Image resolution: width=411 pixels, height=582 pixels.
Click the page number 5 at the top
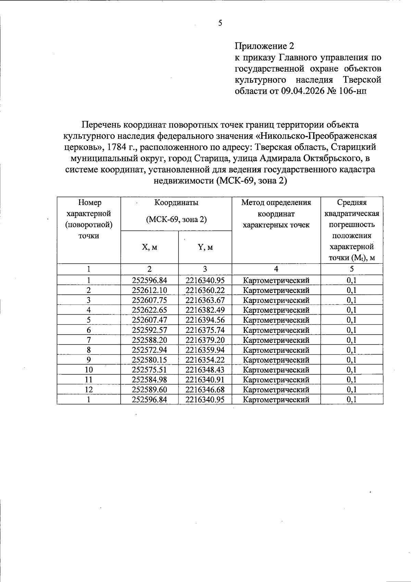[220, 23]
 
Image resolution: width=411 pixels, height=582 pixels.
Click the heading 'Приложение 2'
[264, 46]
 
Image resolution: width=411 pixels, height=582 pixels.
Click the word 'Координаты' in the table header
[176, 203]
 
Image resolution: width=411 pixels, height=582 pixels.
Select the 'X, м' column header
[149, 247]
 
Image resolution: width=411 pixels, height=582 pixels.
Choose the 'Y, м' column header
[205, 247]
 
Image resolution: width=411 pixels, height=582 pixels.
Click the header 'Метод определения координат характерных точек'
[276, 214]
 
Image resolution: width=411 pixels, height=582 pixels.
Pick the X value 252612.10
[149, 290]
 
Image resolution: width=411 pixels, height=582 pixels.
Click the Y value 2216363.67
[205, 300]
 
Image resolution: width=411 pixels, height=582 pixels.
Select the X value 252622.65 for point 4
[149, 310]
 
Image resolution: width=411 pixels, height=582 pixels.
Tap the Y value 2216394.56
[205, 320]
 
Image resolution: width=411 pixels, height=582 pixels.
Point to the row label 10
[89, 370]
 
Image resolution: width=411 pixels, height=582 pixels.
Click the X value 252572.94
[149, 350]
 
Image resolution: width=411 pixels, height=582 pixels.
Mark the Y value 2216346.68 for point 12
[205, 390]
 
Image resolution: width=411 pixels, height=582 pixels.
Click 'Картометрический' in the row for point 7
[276, 340]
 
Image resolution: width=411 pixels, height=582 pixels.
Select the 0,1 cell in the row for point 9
[351, 360]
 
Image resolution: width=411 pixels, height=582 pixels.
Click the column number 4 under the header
[276, 269]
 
